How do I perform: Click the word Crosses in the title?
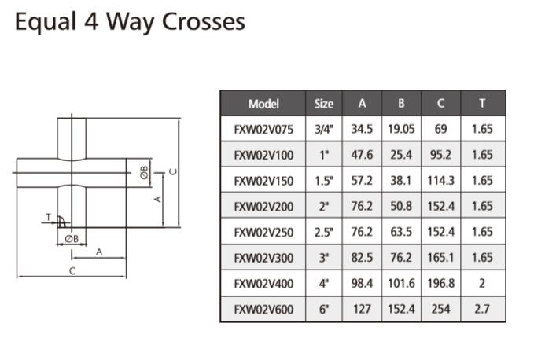pyautogui.click(x=204, y=22)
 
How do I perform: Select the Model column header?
pyautogui.click(x=263, y=104)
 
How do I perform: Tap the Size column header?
pyautogui.click(x=323, y=104)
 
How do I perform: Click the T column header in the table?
pyautogui.click(x=481, y=104)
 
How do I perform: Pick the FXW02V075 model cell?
pyautogui.click(x=263, y=129)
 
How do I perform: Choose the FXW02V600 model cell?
pyautogui.click(x=263, y=309)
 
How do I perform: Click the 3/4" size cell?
pyautogui.click(x=323, y=129)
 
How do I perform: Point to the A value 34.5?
pyautogui.click(x=362, y=129)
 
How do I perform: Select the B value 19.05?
pyautogui.click(x=401, y=129)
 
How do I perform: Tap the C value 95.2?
pyautogui.click(x=440, y=155)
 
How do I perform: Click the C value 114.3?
pyautogui.click(x=440, y=181)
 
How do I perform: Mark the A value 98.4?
pyautogui.click(x=362, y=283)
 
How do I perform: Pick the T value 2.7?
pyautogui.click(x=481, y=309)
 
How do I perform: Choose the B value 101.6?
pyautogui.click(x=401, y=283)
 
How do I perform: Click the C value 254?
pyautogui.click(x=440, y=309)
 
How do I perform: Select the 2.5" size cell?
pyautogui.click(x=323, y=232)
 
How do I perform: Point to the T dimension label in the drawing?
pyautogui.click(x=47, y=216)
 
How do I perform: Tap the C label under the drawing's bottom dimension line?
pyautogui.click(x=72, y=271)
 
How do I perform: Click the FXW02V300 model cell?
pyautogui.click(x=263, y=258)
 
